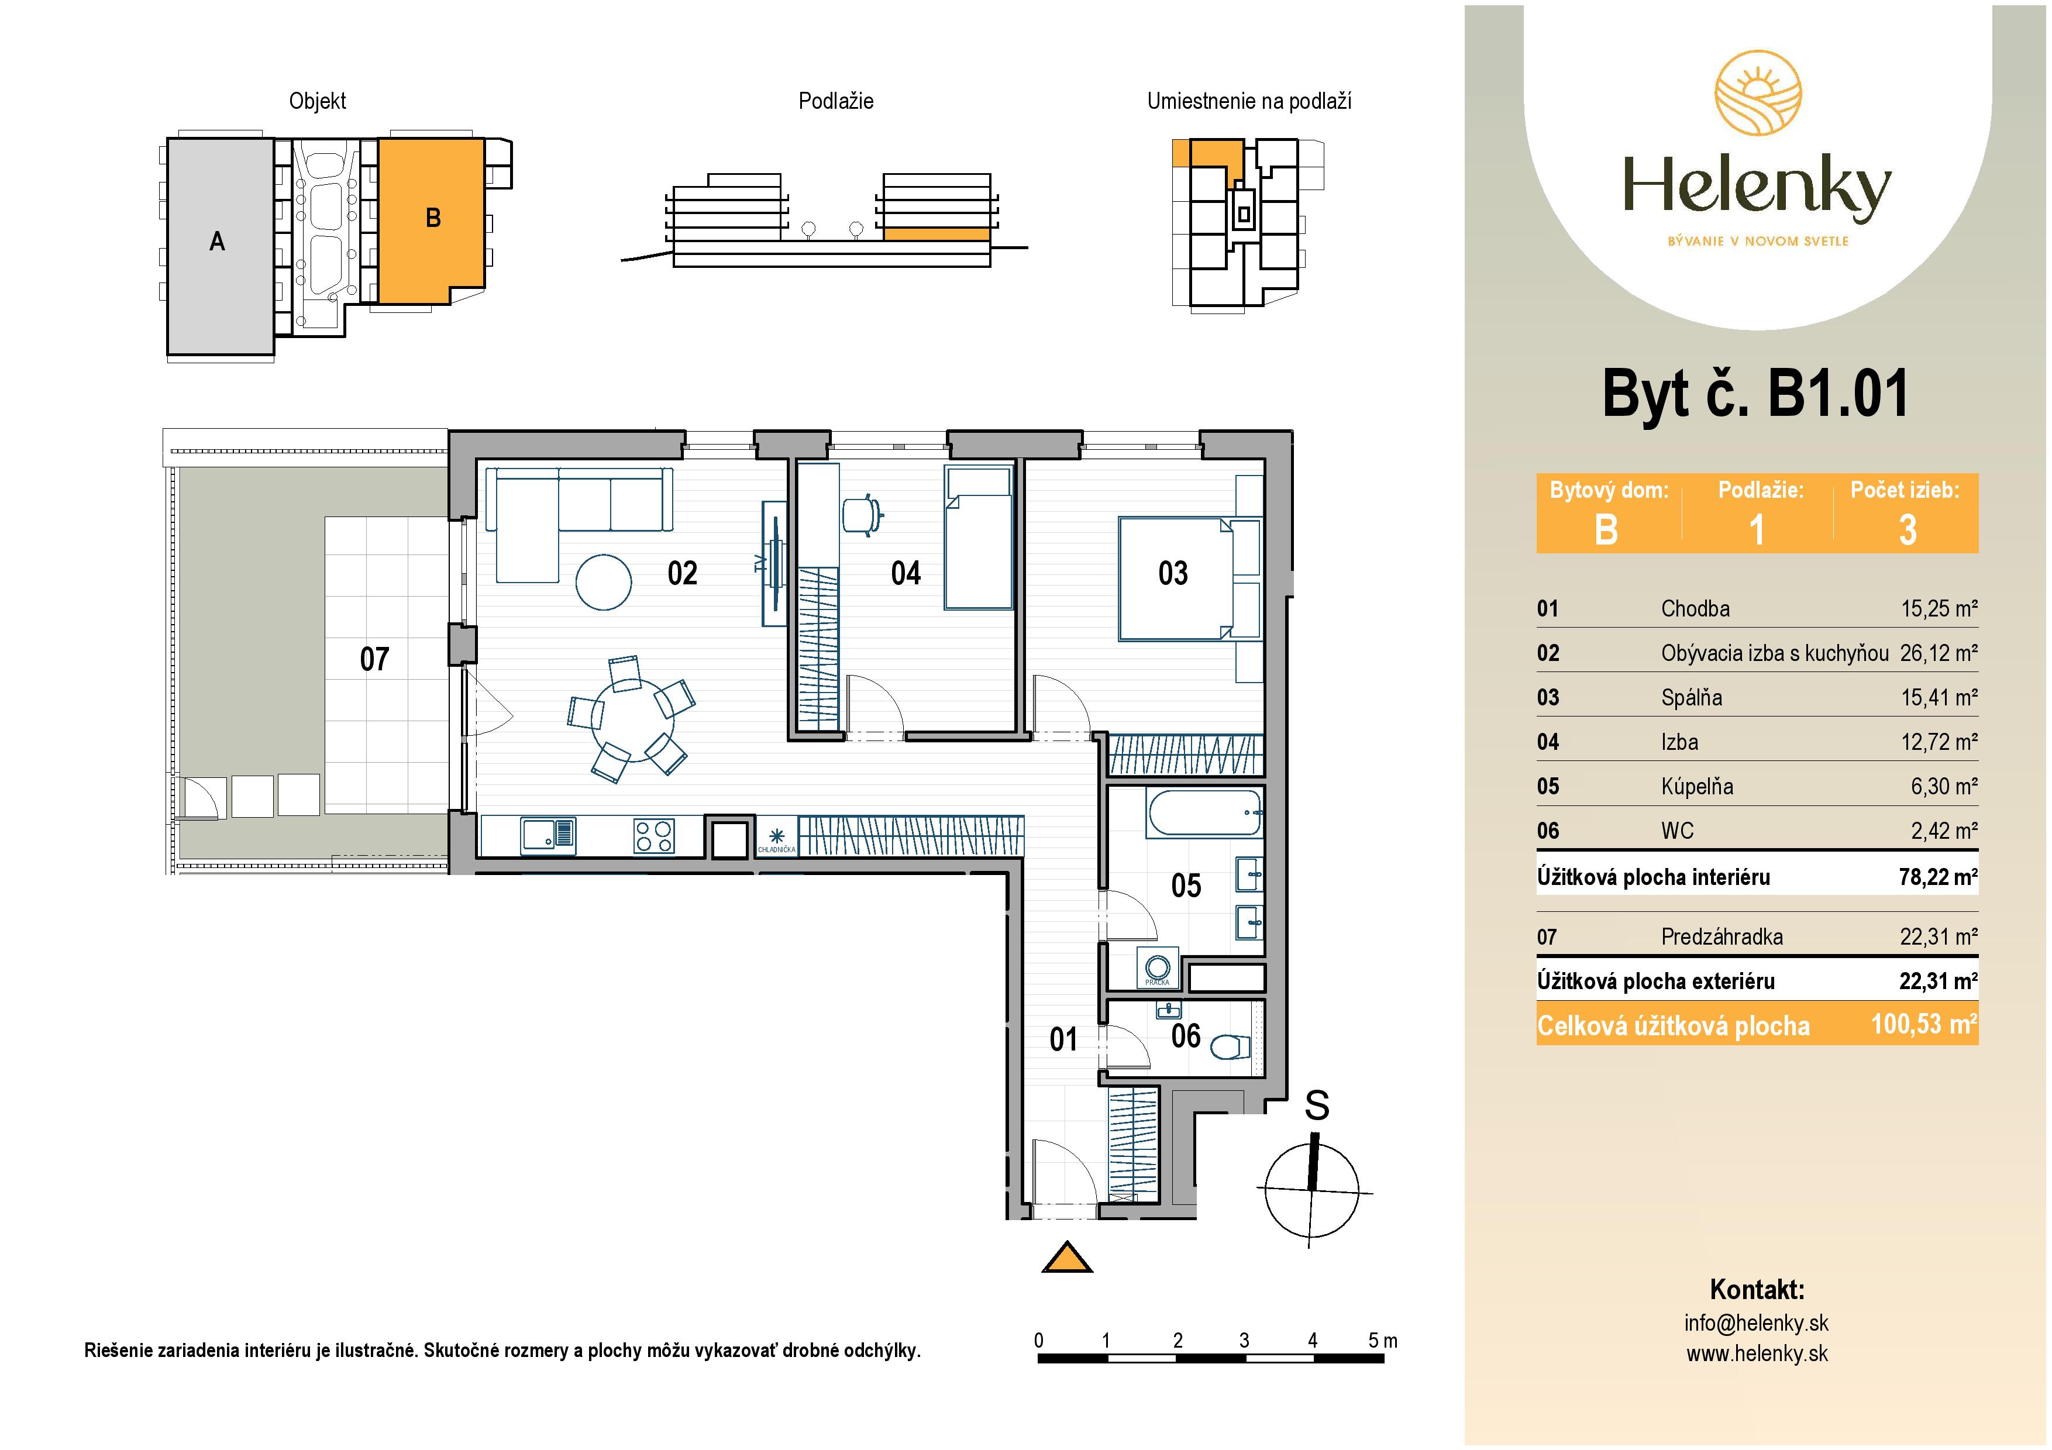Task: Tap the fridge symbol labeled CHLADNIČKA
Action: [x=776, y=838]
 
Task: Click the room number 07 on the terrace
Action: [x=374, y=659]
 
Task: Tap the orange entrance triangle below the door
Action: [x=1067, y=1259]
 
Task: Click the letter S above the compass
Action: [x=1317, y=1106]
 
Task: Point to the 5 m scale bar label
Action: [x=1382, y=1340]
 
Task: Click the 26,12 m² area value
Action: [x=1937, y=653]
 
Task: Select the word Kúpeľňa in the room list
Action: [x=1696, y=786]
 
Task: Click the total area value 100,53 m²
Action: [x=1923, y=1024]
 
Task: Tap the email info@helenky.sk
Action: [x=1755, y=1323]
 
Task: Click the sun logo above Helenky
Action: [x=1757, y=93]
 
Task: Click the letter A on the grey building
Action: [x=217, y=241]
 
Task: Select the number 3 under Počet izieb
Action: [x=1907, y=530]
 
